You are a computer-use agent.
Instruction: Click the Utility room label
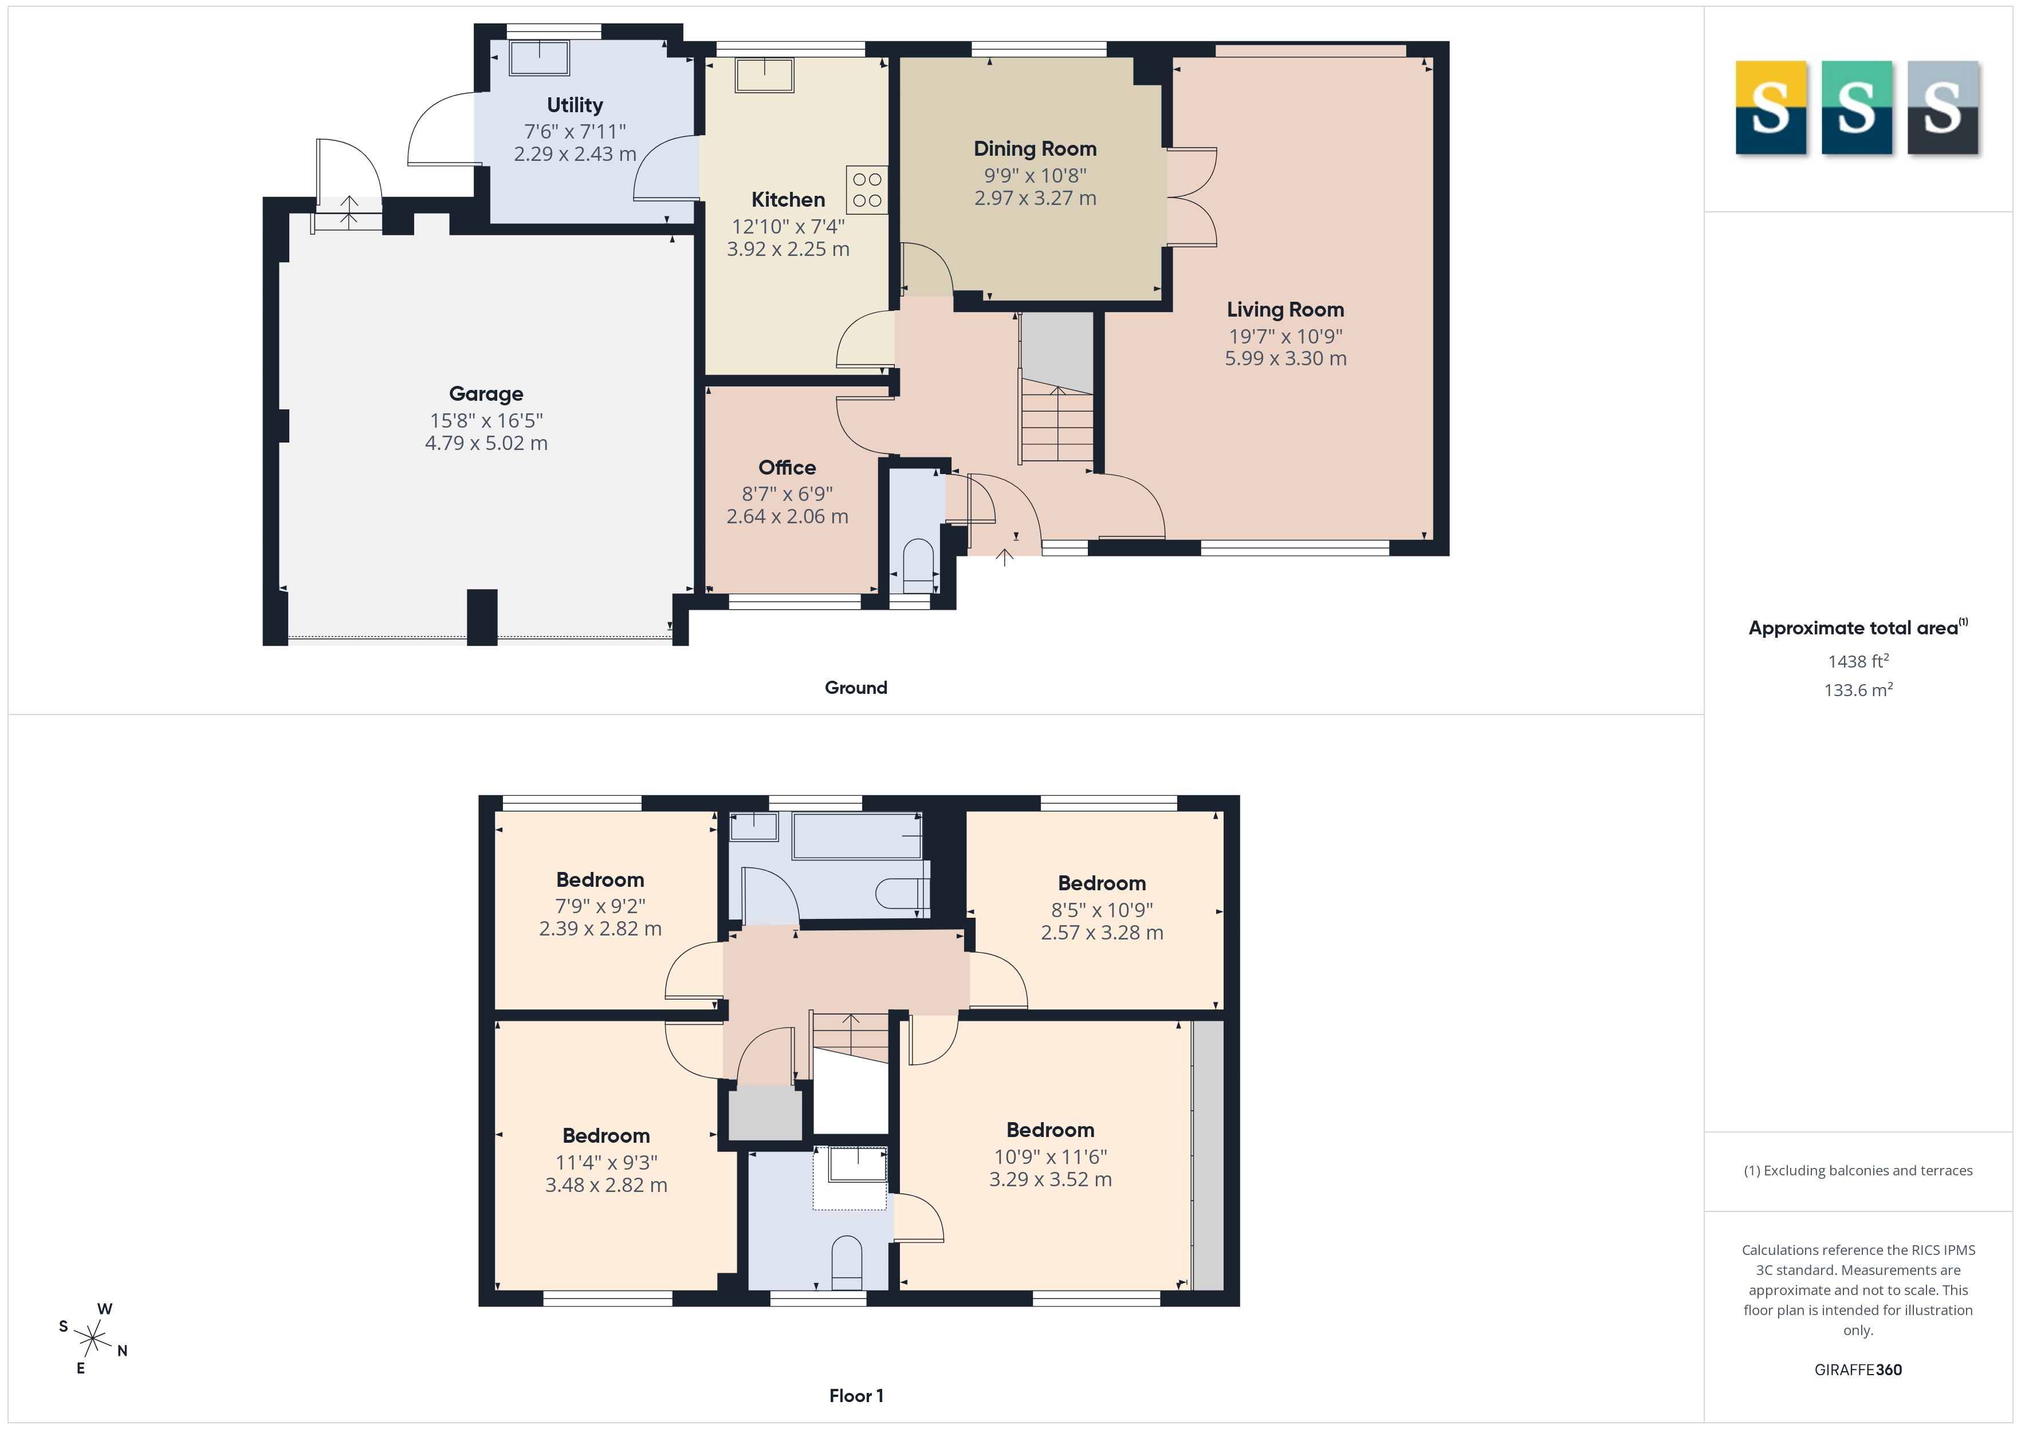pyautogui.click(x=575, y=105)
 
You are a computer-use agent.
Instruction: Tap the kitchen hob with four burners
pyautogui.click(x=867, y=190)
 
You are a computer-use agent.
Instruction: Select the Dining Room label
pyautogui.click(x=1035, y=149)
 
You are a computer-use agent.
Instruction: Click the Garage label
pyautogui.click(x=486, y=394)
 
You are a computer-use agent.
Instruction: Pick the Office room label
pyautogui.click(x=787, y=467)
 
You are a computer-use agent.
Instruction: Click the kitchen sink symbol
pyautogui.click(x=765, y=75)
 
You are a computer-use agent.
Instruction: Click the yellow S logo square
pyautogui.click(x=1771, y=108)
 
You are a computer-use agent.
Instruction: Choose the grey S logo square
pyautogui.click(x=1944, y=108)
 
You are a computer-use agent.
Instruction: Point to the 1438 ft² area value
pyautogui.click(x=1858, y=661)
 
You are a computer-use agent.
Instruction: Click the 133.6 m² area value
pyautogui.click(x=1858, y=690)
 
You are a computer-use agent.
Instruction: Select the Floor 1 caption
pyautogui.click(x=856, y=1396)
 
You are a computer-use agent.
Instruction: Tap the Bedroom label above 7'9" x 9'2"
pyautogui.click(x=600, y=880)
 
